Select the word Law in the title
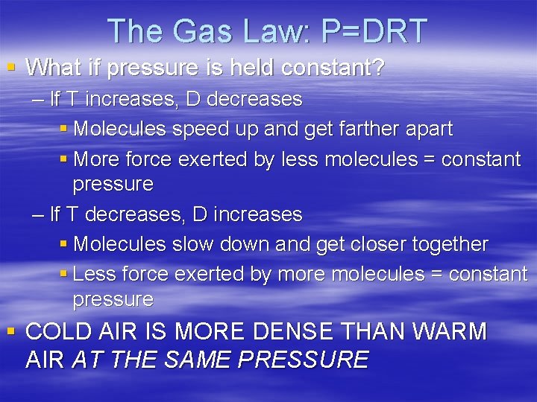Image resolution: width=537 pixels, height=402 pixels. tap(266, 31)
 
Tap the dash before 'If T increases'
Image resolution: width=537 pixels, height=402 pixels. tap(38, 99)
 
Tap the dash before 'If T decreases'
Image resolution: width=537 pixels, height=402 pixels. tap(38, 214)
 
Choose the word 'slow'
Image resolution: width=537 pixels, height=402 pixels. tap(192, 244)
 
